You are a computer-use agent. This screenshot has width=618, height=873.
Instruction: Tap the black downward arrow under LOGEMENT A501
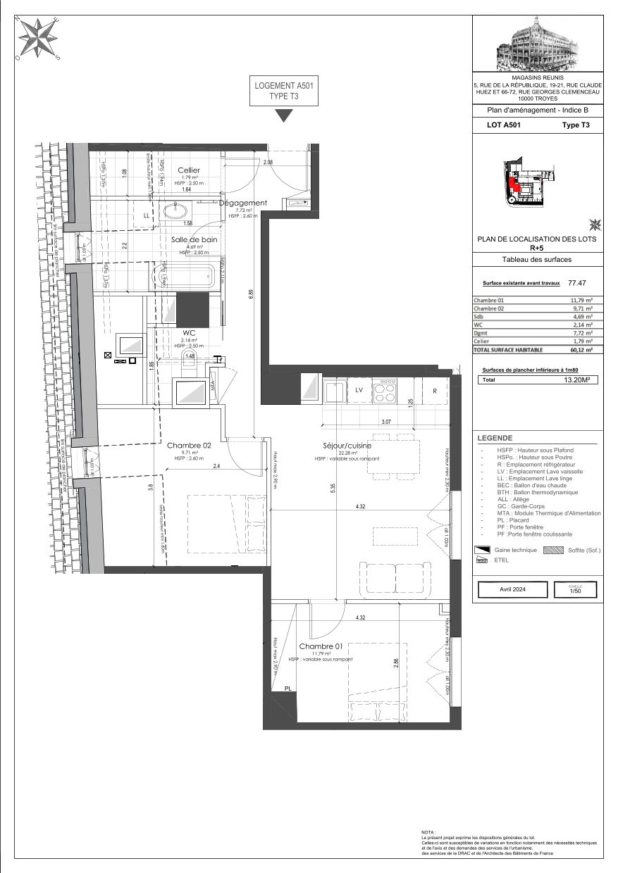[283, 115]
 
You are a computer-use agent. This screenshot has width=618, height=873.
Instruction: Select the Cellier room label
[188, 170]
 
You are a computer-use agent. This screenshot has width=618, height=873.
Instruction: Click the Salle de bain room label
[194, 239]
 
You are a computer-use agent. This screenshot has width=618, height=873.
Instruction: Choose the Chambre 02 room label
[189, 445]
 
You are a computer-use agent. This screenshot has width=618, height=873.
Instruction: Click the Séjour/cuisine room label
[343, 446]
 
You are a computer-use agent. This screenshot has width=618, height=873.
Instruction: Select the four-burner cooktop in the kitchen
[385, 390]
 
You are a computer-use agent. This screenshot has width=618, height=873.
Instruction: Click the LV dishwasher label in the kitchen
[359, 389]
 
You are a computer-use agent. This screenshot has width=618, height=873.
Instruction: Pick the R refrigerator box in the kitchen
[435, 390]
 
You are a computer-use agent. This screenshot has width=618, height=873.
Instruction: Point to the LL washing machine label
[147, 215]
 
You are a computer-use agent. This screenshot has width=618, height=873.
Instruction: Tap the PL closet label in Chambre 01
[288, 689]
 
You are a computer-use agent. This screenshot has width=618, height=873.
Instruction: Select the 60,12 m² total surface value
[581, 348]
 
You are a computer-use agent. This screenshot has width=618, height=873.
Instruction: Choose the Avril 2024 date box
[512, 589]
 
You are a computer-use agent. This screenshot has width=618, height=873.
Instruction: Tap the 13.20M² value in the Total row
[576, 379]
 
